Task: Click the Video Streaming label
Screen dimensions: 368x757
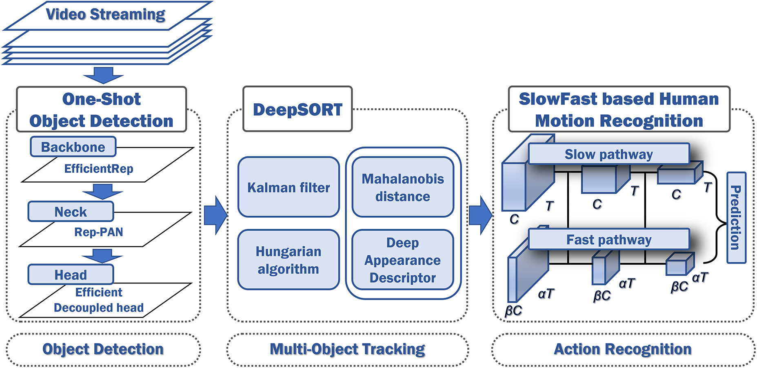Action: (x=105, y=14)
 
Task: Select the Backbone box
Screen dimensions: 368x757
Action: (x=73, y=147)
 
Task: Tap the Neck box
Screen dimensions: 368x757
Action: (x=71, y=212)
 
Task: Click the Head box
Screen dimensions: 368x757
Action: (x=71, y=275)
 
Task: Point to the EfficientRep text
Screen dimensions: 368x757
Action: (x=99, y=169)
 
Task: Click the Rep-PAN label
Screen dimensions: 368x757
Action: (x=99, y=232)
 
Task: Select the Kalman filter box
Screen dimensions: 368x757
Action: (x=289, y=187)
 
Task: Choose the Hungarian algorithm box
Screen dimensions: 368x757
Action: (x=289, y=260)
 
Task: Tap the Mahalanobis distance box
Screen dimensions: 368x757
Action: (x=403, y=187)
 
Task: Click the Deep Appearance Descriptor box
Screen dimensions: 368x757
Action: (x=403, y=260)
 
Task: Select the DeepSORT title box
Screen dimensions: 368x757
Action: (x=297, y=109)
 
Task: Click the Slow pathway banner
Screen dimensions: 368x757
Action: (x=608, y=154)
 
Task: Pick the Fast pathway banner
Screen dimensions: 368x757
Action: (x=608, y=240)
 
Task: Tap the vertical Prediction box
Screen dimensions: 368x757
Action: (x=736, y=218)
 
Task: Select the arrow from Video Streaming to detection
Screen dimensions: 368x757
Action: (x=103, y=75)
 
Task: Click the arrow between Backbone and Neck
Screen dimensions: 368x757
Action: (x=102, y=191)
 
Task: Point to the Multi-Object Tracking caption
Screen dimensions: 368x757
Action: (x=347, y=349)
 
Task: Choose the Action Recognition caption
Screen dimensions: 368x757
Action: (x=623, y=349)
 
